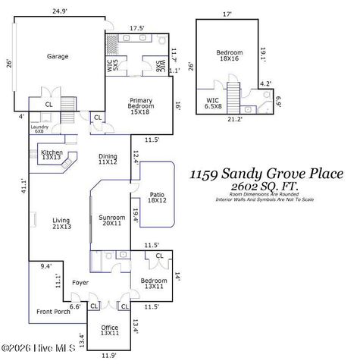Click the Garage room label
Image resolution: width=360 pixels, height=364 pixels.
click(58, 56)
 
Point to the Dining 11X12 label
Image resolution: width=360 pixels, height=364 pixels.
click(108, 159)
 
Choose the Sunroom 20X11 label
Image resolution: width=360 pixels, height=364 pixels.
click(112, 221)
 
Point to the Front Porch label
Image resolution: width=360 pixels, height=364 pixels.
click(53, 312)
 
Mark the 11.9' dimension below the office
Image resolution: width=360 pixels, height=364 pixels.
click(108, 356)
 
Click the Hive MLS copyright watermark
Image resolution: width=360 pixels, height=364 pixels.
click(38, 348)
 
